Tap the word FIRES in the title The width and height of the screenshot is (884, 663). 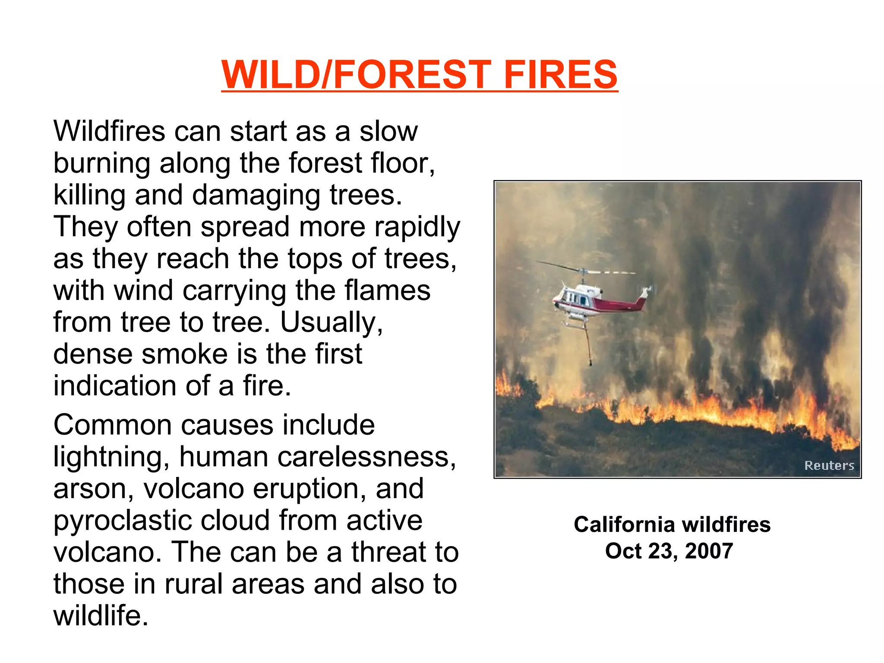(560, 74)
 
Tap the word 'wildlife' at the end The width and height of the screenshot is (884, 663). (100, 616)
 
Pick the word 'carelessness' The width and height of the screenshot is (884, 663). (366, 457)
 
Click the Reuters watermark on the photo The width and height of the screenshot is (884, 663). (829, 465)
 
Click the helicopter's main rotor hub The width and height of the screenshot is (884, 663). (584, 273)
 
